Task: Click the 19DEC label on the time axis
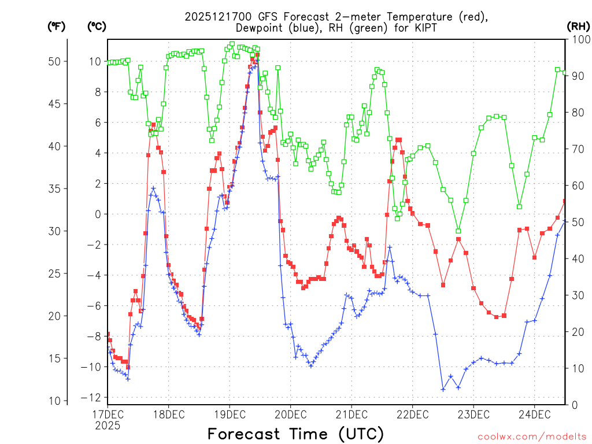tap(230, 414)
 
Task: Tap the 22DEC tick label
tap(412, 414)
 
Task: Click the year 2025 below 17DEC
tap(108, 425)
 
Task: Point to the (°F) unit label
tap(57, 27)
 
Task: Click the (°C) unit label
tap(97, 27)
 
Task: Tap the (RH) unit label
tap(578, 27)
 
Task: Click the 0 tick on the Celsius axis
tap(98, 214)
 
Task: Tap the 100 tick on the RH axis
tap(579, 39)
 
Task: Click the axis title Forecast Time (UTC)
tap(295, 434)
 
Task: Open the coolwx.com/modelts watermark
tap(531, 436)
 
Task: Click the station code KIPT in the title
tap(423, 28)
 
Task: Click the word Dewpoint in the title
tap(260, 28)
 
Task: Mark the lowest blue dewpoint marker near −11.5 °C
tap(443, 389)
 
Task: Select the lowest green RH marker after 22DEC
tap(458, 231)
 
